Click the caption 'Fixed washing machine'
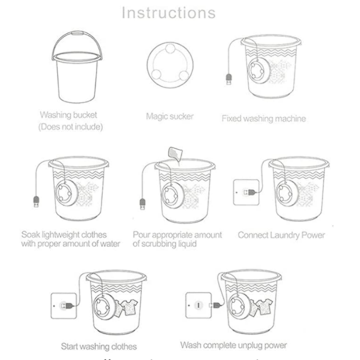pyautogui.click(x=263, y=118)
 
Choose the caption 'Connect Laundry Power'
pyautogui.click(x=281, y=235)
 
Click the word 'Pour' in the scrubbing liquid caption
pyautogui.click(x=142, y=234)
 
